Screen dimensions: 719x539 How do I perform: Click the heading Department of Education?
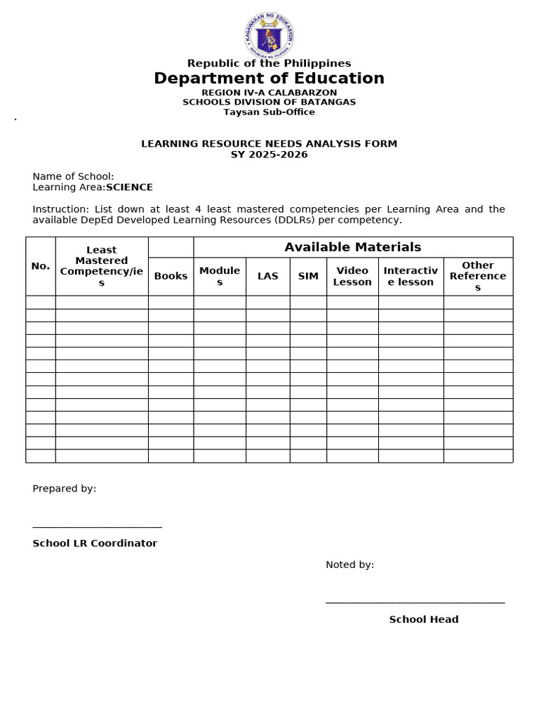point(269,79)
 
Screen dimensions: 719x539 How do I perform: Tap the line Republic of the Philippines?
point(269,64)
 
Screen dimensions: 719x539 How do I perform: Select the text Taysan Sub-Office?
point(269,112)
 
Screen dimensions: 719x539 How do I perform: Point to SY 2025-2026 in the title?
point(269,154)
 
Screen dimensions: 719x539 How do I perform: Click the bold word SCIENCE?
point(129,187)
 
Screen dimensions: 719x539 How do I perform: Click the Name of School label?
point(73,176)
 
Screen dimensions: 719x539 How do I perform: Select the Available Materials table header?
point(352,247)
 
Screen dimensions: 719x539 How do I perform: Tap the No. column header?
point(41,265)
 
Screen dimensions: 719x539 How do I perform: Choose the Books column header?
point(171,276)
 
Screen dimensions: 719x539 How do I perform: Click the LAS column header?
point(267,276)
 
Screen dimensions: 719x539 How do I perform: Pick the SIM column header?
point(308,276)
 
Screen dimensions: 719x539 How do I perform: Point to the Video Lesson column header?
point(352,276)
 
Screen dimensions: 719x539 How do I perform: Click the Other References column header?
point(478,276)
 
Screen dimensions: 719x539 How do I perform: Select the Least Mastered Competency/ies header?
point(102,266)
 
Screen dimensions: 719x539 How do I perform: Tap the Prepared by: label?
point(65,489)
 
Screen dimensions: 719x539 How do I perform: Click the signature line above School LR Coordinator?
point(97,526)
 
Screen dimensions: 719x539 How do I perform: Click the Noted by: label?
point(350,565)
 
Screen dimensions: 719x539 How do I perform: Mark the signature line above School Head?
point(415,602)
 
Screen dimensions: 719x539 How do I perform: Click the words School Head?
point(424,619)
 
